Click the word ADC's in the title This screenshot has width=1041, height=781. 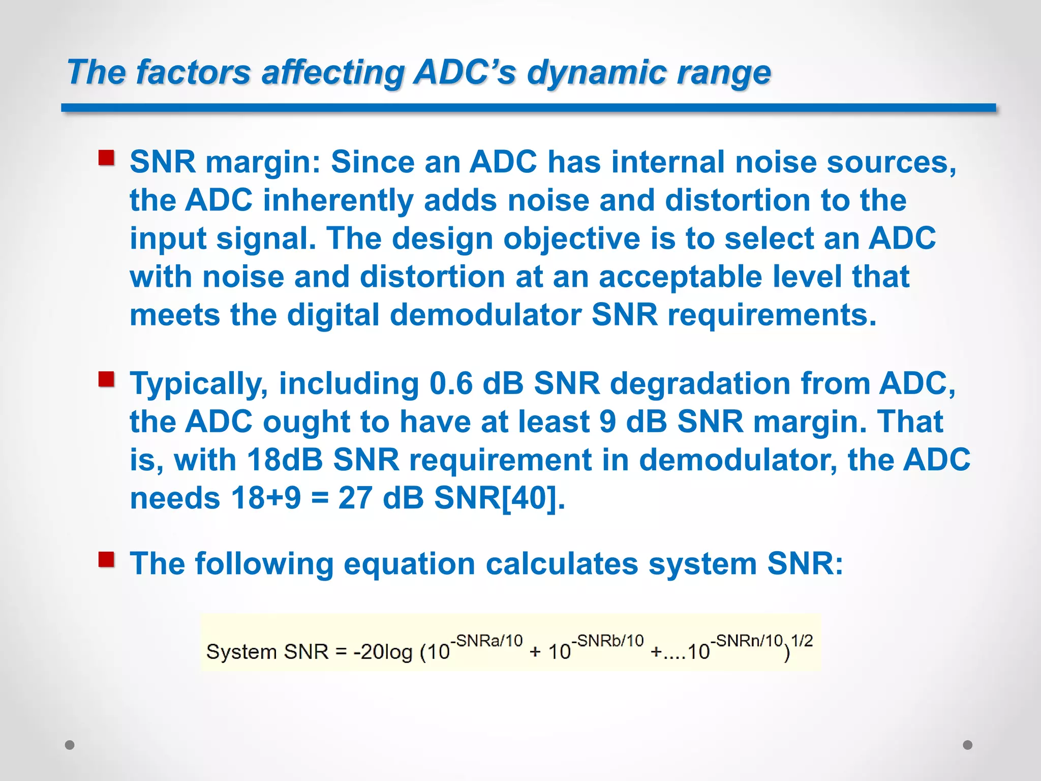[464, 72]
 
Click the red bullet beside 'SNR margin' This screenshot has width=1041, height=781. [106, 158]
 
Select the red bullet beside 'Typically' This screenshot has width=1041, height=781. [106, 379]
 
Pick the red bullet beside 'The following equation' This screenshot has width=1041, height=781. [106, 559]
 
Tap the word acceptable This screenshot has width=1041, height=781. [680, 277]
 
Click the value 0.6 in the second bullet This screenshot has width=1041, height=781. [451, 383]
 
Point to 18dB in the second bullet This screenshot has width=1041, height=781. [285, 460]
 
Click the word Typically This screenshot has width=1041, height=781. [199, 383]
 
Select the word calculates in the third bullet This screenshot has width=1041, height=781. [562, 564]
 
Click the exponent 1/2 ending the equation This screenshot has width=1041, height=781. [802, 641]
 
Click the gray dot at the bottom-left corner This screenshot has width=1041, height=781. [70, 745]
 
